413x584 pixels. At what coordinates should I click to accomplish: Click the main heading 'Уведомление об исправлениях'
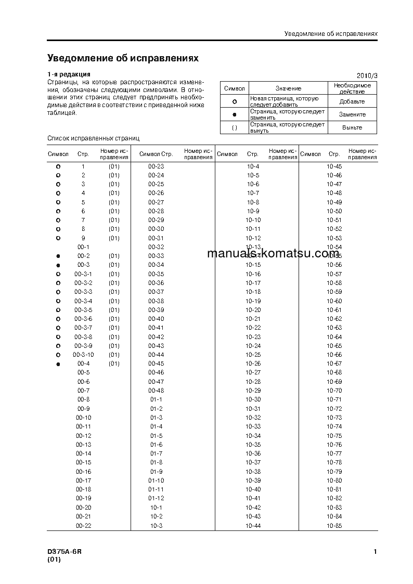(x=123, y=58)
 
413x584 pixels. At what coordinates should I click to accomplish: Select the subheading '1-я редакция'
(x=69, y=74)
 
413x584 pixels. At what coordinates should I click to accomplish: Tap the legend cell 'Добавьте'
(x=352, y=101)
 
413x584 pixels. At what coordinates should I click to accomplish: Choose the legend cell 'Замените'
(x=352, y=114)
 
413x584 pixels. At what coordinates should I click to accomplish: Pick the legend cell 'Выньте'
(x=352, y=127)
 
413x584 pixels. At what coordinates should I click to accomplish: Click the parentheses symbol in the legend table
(x=234, y=127)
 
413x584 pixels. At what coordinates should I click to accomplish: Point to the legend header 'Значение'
(x=288, y=88)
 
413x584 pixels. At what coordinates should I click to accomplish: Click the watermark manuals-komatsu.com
(x=273, y=254)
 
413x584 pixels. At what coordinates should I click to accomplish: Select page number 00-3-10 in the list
(x=84, y=355)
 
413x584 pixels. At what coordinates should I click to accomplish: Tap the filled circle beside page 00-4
(x=58, y=364)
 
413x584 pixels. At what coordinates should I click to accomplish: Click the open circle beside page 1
(x=58, y=166)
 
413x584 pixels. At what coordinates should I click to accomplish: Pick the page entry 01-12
(x=156, y=499)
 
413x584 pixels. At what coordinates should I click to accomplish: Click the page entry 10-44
(x=253, y=526)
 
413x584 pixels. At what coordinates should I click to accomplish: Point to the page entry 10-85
(x=334, y=526)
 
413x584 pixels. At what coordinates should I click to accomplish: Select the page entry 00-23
(x=156, y=166)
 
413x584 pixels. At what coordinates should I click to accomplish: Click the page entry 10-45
(x=334, y=166)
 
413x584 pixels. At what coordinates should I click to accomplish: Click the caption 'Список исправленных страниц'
(x=93, y=138)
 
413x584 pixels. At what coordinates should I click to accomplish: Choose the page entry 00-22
(x=84, y=526)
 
